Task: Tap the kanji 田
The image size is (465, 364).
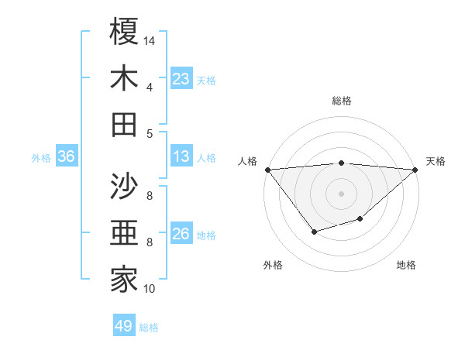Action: [124, 124]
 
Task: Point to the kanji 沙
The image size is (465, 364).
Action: [124, 187]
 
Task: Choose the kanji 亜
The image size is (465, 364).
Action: [124, 233]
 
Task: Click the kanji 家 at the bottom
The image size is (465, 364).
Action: [124, 280]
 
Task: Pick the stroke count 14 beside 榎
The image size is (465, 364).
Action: [150, 39]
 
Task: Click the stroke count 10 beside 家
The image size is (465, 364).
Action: [150, 289]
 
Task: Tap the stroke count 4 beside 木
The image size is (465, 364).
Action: [150, 87]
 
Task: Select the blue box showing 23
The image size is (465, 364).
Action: [181, 79]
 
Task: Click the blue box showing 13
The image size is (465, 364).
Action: [181, 156]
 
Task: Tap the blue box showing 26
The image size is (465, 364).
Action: [181, 234]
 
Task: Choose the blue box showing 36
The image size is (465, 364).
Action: [66, 156]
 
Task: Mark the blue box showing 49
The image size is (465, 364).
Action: [124, 326]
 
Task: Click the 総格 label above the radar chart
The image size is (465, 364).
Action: [342, 101]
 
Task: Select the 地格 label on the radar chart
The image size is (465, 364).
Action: [406, 265]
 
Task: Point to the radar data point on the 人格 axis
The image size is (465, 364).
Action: [267, 169]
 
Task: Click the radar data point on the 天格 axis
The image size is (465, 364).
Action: [415, 169]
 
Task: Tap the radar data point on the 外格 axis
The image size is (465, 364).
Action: [314, 232]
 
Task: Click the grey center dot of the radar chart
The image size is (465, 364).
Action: [342, 193]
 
